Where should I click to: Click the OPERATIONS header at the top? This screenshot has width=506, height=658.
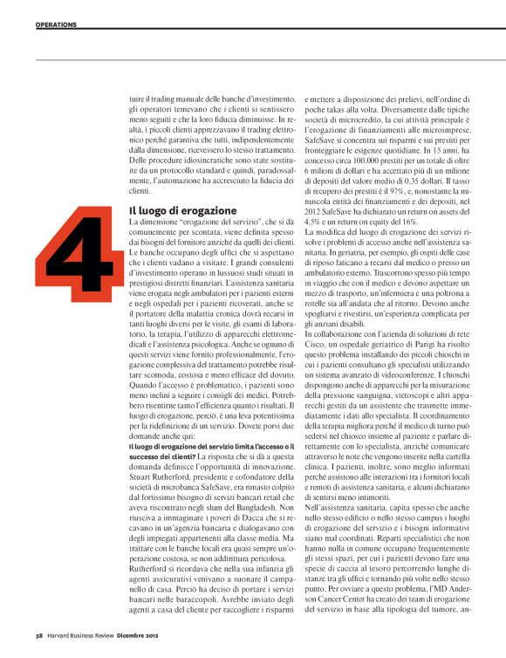coord(57,24)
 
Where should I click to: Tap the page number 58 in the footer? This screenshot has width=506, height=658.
coord(40,634)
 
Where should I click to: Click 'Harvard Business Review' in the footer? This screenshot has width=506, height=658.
coord(85,634)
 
